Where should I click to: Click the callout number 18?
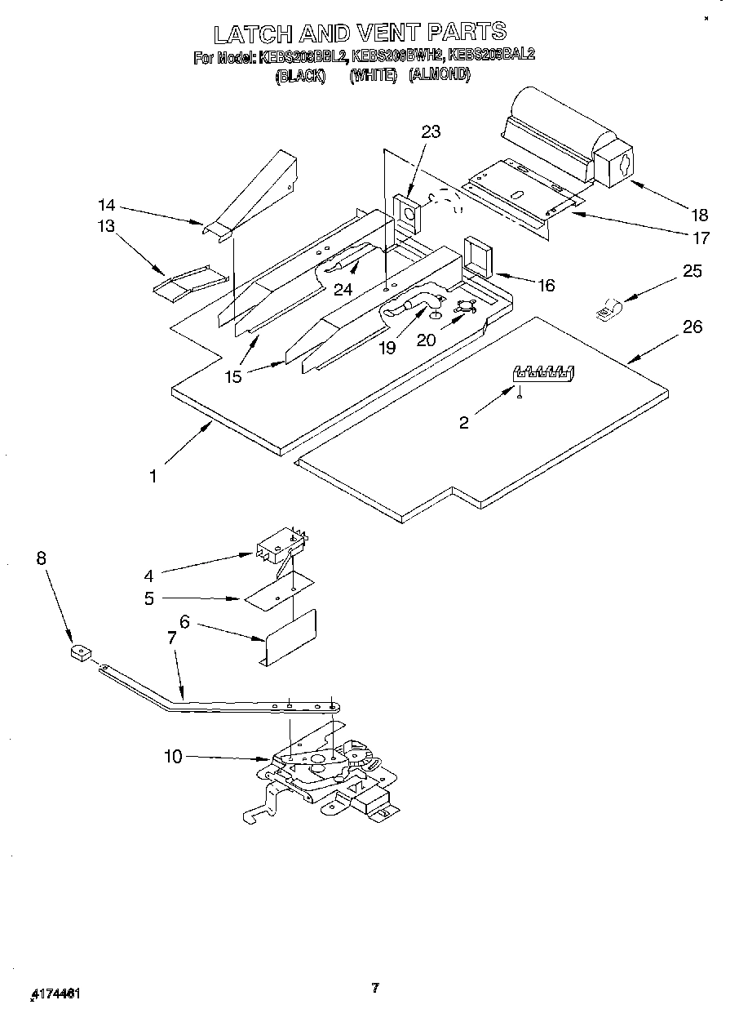699,216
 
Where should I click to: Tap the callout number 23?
431,131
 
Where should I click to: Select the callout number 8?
41,558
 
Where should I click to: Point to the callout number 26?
693,327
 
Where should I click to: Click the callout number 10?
173,757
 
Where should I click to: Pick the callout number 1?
153,476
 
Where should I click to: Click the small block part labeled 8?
80,653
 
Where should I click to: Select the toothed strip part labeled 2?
544,373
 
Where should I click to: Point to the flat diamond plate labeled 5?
279,591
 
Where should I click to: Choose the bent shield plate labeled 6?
290,636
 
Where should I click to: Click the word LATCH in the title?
252,33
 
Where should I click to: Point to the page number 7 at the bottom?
374,989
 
